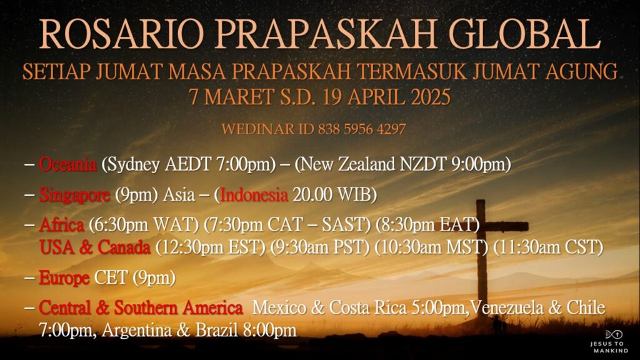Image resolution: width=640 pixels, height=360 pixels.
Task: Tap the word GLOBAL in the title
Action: click(524, 35)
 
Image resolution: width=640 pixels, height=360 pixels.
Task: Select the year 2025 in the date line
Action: click(431, 97)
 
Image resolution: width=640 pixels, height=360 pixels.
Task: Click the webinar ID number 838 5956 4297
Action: click(362, 129)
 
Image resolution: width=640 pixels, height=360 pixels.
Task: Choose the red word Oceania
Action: click(67, 164)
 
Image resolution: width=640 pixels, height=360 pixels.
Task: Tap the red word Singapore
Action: click(74, 195)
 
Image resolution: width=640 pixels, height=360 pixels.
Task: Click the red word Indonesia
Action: click(254, 195)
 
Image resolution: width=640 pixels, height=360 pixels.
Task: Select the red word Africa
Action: click(61, 224)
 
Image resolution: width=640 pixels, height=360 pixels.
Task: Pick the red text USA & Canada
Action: click(95, 247)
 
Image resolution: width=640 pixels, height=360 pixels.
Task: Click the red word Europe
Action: click(64, 278)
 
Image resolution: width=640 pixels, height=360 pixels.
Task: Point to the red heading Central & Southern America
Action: click(141, 307)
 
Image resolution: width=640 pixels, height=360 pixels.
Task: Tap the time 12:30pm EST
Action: click(210, 247)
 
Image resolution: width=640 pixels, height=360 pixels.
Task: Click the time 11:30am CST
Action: click(548, 247)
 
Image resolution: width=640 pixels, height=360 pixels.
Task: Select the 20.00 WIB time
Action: click(332, 195)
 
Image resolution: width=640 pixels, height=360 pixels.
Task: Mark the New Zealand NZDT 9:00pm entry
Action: click(402, 164)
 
